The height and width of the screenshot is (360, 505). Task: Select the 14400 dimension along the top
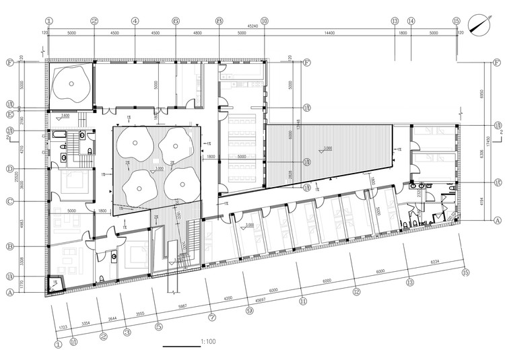click(329, 34)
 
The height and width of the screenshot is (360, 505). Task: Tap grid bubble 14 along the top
click(411, 22)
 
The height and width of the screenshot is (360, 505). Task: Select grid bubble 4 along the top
click(135, 22)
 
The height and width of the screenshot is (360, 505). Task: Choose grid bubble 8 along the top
click(220, 22)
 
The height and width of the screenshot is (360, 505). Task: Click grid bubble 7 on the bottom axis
click(212, 316)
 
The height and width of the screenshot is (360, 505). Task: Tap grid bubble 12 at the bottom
click(357, 291)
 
